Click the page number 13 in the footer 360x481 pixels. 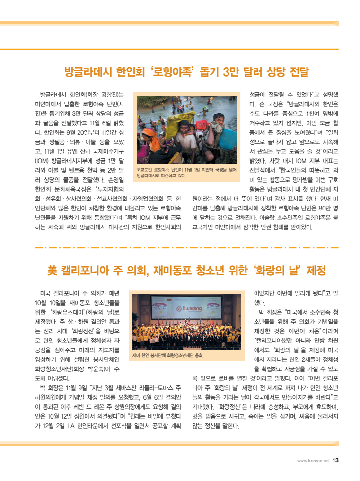[x=335, y=460]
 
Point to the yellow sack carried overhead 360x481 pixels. [x=178, y=116]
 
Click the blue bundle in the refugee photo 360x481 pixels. [x=227, y=138]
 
